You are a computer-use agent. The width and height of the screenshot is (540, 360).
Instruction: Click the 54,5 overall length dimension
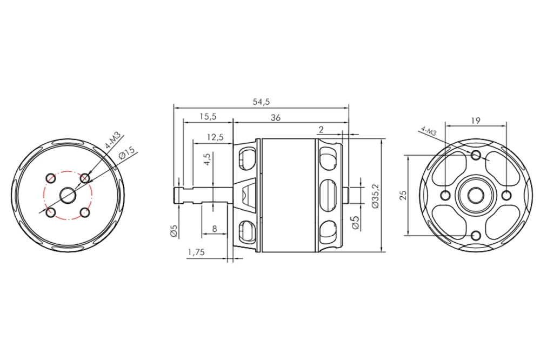(x=261, y=102)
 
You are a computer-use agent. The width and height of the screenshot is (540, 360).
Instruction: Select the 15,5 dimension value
(x=208, y=116)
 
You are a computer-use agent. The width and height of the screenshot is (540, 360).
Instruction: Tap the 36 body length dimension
(x=275, y=117)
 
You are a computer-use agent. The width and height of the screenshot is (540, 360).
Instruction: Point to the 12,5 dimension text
(x=215, y=137)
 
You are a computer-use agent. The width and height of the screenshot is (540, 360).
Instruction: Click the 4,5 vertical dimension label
(x=208, y=159)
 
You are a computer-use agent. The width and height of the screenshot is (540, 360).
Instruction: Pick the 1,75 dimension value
(x=196, y=252)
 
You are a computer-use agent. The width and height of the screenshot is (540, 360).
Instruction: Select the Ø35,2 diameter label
(x=375, y=196)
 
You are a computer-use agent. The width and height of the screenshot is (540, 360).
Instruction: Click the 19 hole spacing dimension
(x=475, y=121)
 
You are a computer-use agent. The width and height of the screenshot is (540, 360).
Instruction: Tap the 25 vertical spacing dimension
(x=403, y=195)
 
